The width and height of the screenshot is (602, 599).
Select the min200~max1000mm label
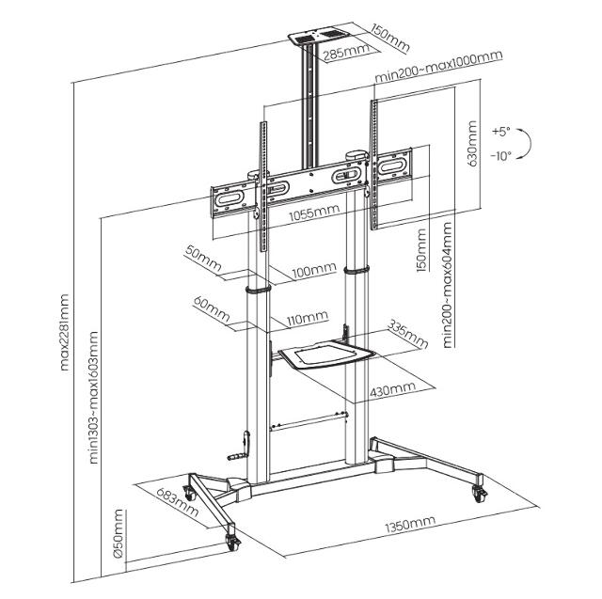(x=437, y=57)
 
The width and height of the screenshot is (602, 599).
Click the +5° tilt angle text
(x=499, y=131)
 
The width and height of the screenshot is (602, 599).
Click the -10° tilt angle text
(x=499, y=156)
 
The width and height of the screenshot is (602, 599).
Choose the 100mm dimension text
(x=313, y=270)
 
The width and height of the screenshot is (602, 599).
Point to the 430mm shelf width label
(x=392, y=387)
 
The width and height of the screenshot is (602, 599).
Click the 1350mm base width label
(x=408, y=522)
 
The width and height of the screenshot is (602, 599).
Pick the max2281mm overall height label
(x=65, y=334)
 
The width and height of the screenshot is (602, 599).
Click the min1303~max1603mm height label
(x=94, y=397)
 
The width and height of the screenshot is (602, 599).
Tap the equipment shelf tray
(x=323, y=355)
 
